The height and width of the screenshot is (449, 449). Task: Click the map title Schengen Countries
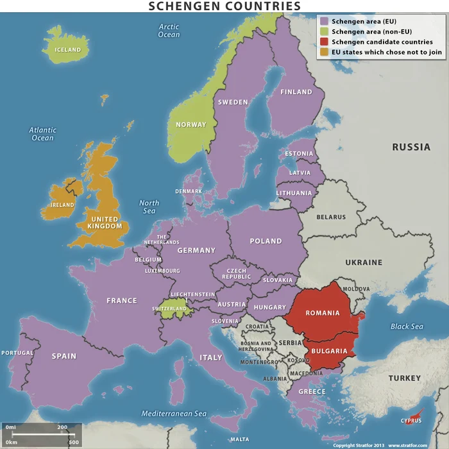pyautogui.click(x=224, y=6)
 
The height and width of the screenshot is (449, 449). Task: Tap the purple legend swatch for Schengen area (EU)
pyautogui.click(x=324, y=21)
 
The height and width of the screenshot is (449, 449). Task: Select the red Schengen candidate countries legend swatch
pyautogui.click(x=324, y=42)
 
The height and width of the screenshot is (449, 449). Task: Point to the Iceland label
pyautogui.click(x=68, y=49)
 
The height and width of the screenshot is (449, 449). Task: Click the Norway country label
pyautogui.click(x=191, y=124)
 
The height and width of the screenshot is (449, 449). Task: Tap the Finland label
pyautogui.click(x=296, y=92)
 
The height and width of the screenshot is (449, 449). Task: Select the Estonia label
pyautogui.click(x=299, y=154)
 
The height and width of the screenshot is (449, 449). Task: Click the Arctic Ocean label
pyautogui.click(x=169, y=30)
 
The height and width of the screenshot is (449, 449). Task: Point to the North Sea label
pyautogui.click(x=149, y=207)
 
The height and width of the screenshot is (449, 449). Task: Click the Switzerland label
pyautogui.click(x=169, y=309)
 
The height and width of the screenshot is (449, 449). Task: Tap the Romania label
pyautogui.click(x=323, y=313)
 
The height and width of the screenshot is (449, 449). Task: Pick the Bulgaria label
pyautogui.click(x=329, y=351)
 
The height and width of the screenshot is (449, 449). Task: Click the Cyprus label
pyautogui.click(x=411, y=421)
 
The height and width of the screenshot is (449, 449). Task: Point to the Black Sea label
pyautogui.click(x=407, y=326)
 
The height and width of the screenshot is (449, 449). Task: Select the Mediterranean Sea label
pyautogui.click(x=174, y=414)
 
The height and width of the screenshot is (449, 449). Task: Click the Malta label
pyautogui.click(x=239, y=439)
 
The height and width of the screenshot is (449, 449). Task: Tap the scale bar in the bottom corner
pyautogui.click(x=42, y=434)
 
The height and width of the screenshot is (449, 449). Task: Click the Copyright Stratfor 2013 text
pyautogui.click(x=359, y=445)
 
